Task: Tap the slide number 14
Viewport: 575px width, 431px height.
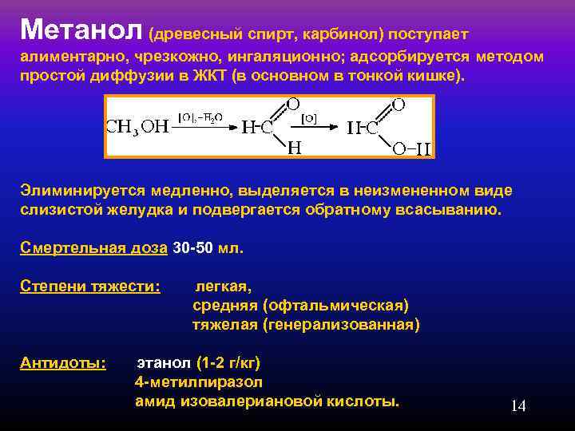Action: pos(518,406)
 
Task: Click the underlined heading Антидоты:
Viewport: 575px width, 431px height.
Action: pos(62,363)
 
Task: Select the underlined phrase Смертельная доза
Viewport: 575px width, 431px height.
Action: pos(93,247)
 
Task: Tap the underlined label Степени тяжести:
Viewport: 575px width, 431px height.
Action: pos(89,286)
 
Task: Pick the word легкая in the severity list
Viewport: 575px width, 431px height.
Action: pos(224,286)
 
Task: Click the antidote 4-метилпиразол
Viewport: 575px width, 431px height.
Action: pos(199,382)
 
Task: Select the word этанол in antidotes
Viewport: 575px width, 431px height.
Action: pos(164,363)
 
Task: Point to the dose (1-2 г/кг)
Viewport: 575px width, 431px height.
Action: pos(228,363)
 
